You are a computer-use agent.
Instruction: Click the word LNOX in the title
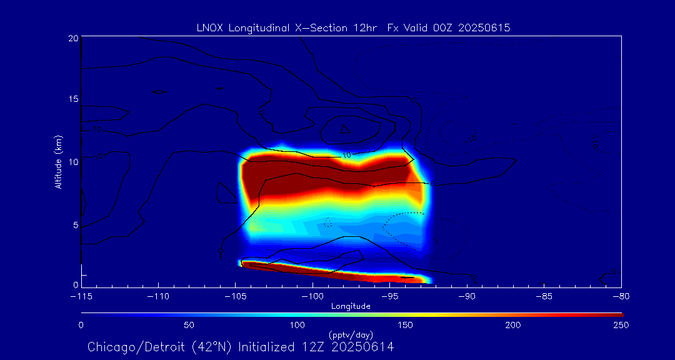click(209, 28)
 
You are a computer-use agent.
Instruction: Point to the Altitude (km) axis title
click(58, 161)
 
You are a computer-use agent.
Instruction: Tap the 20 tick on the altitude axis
click(73, 39)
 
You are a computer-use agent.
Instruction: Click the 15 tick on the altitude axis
click(73, 100)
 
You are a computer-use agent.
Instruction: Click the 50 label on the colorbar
click(189, 325)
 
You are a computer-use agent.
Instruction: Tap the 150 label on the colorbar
click(405, 325)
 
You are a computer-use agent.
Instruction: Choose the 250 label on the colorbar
click(621, 325)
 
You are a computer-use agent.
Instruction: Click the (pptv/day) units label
click(351, 335)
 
